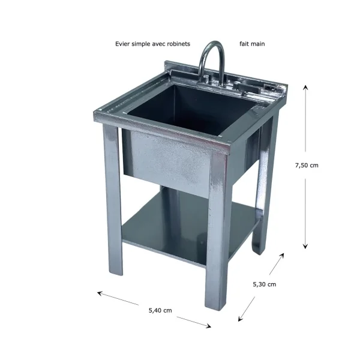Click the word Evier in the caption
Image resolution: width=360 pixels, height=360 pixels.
tap(122, 44)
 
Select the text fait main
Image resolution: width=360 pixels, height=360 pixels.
tap(252, 44)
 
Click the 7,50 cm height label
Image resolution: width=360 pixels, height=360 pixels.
tap(307, 166)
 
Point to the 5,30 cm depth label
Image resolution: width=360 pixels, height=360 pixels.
tap(265, 284)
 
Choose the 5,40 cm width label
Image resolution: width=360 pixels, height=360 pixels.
tap(160, 310)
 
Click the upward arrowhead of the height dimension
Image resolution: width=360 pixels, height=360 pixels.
tap(305, 87)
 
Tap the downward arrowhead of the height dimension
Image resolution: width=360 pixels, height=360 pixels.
tap(305, 246)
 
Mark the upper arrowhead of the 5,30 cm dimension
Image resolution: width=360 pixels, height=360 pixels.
tap(282, 256)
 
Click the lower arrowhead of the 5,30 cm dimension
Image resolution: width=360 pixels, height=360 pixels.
tap(240, 319)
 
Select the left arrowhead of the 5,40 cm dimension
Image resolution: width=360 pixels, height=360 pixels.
tap(100, 293)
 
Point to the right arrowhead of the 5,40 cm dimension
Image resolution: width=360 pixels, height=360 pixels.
tap(208, 326)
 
